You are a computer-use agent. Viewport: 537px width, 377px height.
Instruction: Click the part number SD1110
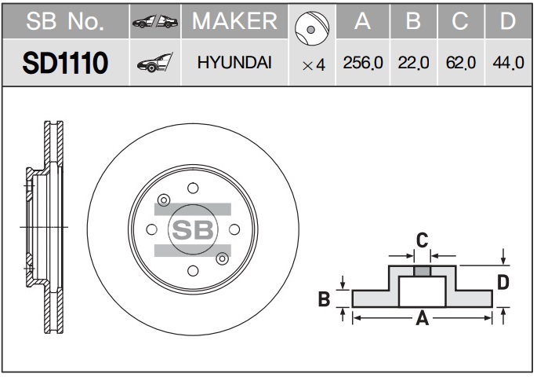[x=65, y=63]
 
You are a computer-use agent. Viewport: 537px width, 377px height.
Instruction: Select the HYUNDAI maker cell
[x=234, y=63]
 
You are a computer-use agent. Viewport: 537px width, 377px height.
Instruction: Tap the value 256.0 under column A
[x=363, y=63]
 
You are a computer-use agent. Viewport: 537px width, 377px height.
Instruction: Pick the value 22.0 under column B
[x=413, y=63]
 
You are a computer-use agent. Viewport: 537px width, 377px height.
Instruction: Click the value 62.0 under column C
[x=461, y=63]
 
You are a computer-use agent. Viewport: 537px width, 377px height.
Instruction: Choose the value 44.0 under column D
[x=508, y=63]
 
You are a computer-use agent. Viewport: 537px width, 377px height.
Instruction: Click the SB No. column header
[x=65, y=21]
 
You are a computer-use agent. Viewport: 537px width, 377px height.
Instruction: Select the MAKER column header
[x=234, y=21]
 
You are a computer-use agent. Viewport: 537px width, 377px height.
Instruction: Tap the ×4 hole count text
[x=314, y=65]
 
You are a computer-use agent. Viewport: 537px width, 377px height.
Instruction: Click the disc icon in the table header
[x=312, y=28]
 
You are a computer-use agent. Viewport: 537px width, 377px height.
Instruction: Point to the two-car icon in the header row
[x=155, y=22]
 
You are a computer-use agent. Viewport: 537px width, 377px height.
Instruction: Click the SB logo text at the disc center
[x=193, y=229]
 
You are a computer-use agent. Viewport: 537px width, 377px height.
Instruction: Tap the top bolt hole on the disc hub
[x=193, y=188]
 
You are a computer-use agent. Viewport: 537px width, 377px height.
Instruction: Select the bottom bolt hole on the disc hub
[x=193, y=271]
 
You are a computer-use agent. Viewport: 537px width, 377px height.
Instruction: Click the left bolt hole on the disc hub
[x=151, y=229]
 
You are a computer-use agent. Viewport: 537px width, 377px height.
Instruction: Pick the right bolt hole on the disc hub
[x=234, y=229]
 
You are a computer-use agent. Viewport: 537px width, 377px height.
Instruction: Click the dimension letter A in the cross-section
[x=423, y=318]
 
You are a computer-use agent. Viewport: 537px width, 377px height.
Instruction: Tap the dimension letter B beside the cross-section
[x=324, y=298]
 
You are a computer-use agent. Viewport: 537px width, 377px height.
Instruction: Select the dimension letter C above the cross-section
[x=422, y=240]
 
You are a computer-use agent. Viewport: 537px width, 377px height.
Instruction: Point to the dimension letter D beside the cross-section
[x=503, y=283]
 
